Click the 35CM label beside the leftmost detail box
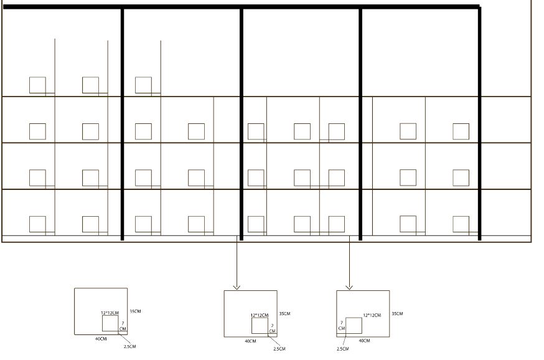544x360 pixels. (135, 311)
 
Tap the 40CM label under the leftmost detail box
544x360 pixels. (101, 339)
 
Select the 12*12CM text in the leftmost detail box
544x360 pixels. (110, 313)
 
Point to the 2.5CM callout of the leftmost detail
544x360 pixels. (129, 346)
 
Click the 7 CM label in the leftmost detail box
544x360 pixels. (123, 326)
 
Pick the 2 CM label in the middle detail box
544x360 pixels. (273, 328)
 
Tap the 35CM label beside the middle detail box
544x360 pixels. (285, 314)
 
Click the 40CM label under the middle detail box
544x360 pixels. (250, 341)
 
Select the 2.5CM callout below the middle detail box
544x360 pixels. (279, 349)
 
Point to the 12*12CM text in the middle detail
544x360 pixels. (260, 316)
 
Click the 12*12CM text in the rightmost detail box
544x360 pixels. (372, 315)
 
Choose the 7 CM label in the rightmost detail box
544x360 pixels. (342, 326)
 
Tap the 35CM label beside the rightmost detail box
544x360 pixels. (398, 314)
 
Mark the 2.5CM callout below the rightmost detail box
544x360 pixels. (343, 349)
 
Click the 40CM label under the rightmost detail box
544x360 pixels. (364, 341)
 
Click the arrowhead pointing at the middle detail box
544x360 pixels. (237, 287)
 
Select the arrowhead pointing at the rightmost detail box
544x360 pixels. (349, 287)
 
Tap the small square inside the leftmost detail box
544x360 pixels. (110, 323)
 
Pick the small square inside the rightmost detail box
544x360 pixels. (354, 326)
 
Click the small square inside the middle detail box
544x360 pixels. (260, 326)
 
